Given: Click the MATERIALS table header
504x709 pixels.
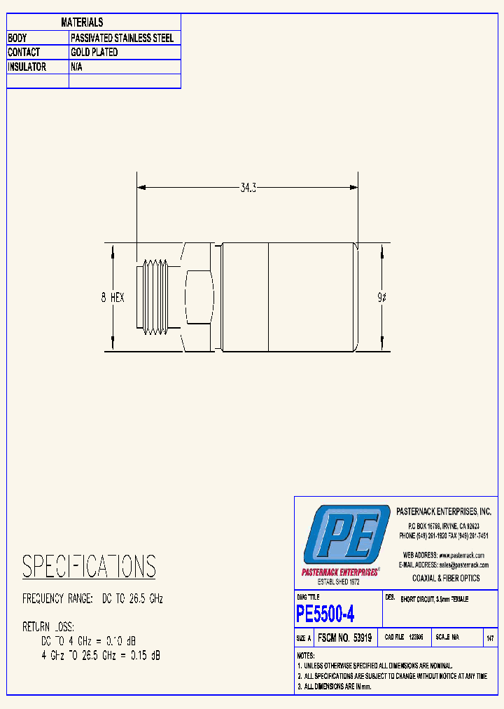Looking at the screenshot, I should pos(82,22).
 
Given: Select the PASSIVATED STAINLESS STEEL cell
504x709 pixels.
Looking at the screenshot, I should pos(122,38).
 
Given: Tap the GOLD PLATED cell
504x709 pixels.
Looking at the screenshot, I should pos(94,53).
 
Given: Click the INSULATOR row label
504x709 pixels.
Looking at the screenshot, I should pos(27,67).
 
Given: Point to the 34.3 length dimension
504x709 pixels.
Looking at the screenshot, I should pos(248,188).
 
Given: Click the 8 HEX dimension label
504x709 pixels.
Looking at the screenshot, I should pos(113,298).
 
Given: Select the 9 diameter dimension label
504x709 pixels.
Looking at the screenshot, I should pos(381,298).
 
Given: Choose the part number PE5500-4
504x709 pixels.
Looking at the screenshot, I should pos(325,614).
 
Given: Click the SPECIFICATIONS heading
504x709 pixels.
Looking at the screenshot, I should pos(89,566).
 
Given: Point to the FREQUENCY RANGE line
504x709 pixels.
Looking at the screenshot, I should pos(92,599).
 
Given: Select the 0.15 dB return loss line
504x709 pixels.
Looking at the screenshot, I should pos(101,655).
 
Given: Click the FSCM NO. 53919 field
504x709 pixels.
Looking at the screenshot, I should pos(344,638).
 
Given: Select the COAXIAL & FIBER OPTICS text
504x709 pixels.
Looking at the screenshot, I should pos(446,578).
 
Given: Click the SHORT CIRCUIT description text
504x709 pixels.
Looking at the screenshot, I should pos(434,600).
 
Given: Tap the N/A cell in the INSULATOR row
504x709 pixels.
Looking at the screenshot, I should pos(78,67).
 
